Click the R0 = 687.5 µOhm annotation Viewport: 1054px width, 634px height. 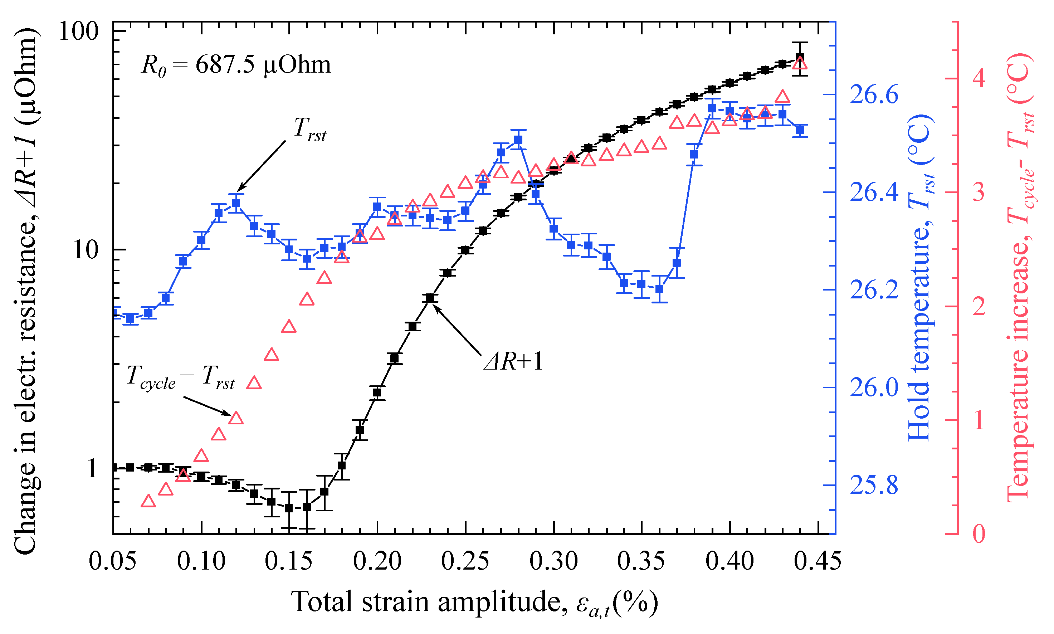click(x=236, y=65)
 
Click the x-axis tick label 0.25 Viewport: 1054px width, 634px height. click(x=465, y=561)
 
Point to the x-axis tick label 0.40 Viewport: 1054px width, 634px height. click(x=729, y=561)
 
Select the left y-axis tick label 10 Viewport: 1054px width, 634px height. click(x=86, y=250)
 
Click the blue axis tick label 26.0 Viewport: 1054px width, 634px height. click(x=874, y=387)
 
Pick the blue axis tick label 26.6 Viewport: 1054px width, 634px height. click(x=874, y=94)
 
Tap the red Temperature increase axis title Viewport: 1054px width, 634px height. click(x=1021, y=278)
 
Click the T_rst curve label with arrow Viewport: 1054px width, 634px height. click(x=309, y=128)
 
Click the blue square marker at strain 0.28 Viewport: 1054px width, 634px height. click(x=518, y=140)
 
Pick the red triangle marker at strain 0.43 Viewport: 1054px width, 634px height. click(x=782, y=97)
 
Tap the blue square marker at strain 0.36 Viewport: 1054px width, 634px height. click(x=659, y=289)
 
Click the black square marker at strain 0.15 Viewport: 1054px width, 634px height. click(x=289, y=508)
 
